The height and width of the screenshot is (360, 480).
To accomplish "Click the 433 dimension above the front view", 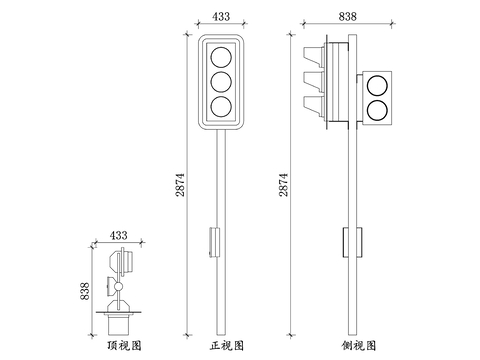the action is click(x=221, y=16).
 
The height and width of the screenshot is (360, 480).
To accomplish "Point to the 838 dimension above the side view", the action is click(x=348, y=16).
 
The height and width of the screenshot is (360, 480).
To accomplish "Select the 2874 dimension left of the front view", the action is click(x=180, y=185).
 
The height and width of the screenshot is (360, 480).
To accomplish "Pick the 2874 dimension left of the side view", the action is click(x=283, y=185).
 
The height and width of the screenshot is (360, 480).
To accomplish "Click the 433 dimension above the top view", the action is click(x=118, y=235).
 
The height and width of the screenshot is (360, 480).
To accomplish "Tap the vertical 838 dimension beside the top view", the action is click(x=85, y=291).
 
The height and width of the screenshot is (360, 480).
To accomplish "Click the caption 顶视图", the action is click(x=124, y=346).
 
